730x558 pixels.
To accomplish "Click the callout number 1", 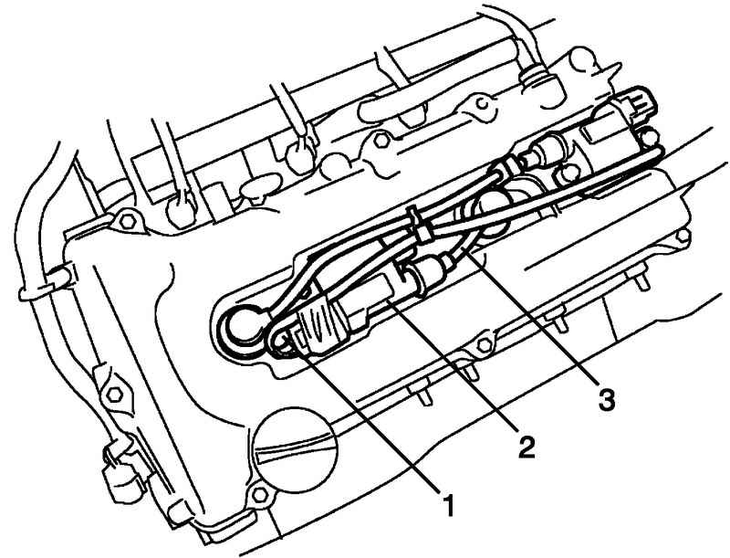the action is coord(448,505).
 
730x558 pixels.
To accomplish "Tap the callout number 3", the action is coord(606,400).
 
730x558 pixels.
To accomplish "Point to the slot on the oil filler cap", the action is coord(295,447).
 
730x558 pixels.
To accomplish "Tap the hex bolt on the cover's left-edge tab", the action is coord(113,395).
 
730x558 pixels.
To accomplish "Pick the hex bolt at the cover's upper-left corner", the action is coord(126,221).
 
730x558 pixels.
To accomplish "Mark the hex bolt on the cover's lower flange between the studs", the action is coord(485,344).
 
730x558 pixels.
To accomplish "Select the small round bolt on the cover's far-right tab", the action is coord(683,236).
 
